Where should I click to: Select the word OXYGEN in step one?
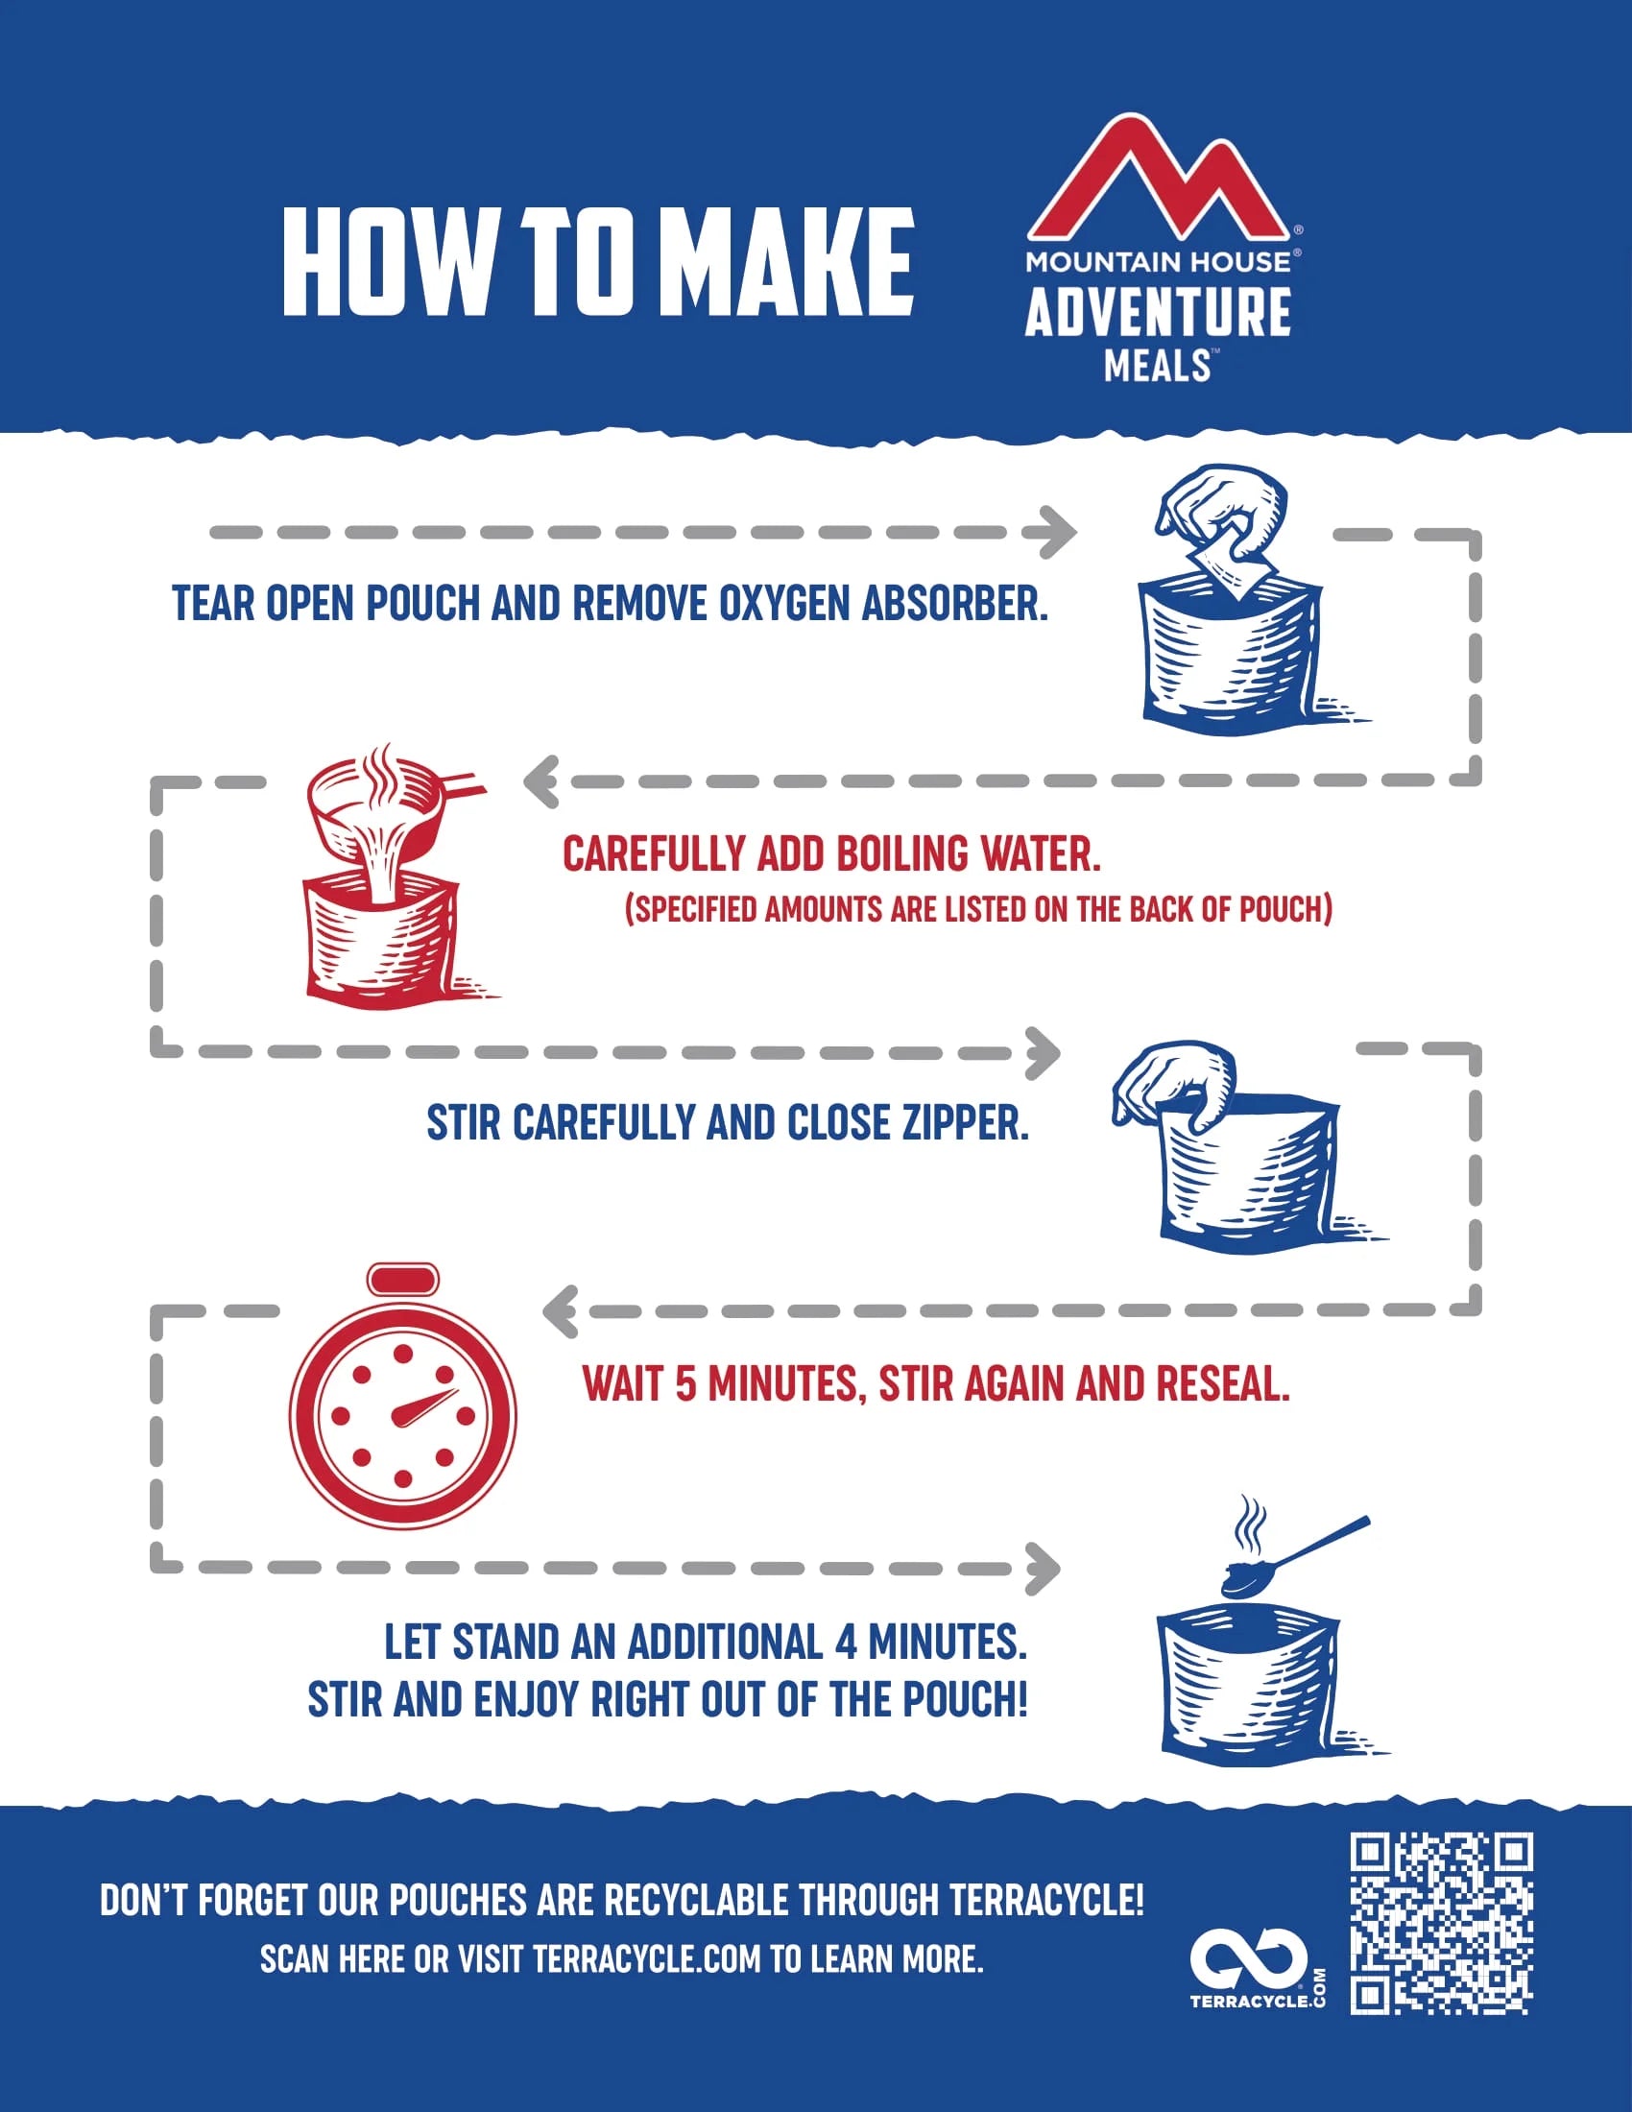click(784, 604)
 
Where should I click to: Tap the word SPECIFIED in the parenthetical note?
click(694, 910)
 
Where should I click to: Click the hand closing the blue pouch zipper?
click(1174, 1085)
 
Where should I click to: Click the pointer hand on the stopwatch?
click(423, 1408)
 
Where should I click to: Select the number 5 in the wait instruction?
click(685, 1383)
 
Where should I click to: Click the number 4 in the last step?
click(847, 1642)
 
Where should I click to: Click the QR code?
click(1442, 1926)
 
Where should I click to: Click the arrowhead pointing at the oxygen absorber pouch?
click(1060, 532)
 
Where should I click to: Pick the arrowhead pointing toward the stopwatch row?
click(560, 1311)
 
